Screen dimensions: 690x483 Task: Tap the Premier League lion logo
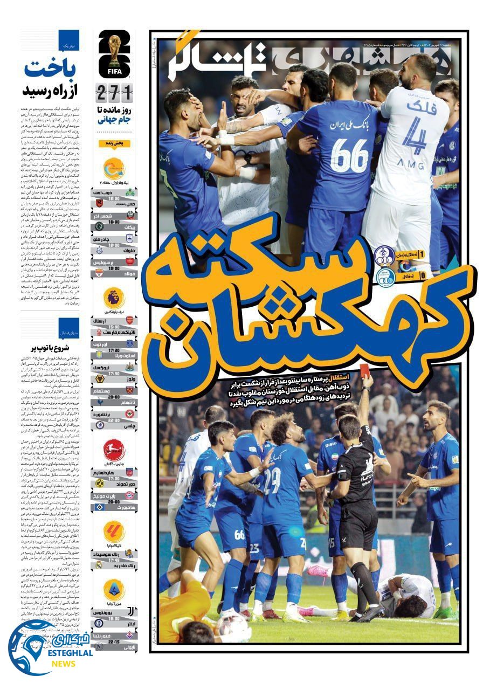114,298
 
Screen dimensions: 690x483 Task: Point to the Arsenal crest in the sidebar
129,321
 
